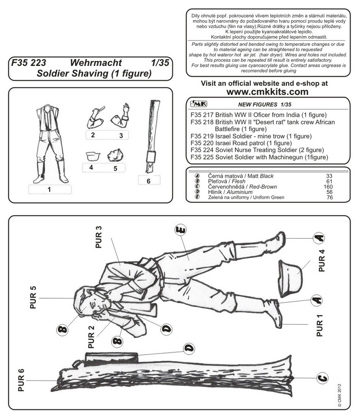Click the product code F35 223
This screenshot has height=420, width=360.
pos(29,63)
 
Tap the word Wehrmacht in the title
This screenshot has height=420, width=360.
pos(96,63)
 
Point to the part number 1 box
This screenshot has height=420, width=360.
pos(49,189)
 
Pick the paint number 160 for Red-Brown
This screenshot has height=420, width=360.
pos(329,186)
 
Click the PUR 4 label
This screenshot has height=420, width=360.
pos(321,261)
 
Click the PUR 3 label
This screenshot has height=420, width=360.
pos(99,237)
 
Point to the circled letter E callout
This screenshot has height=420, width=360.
pos(180,231)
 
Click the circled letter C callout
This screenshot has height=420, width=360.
pos(321,378)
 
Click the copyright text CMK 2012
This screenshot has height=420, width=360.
pos(339,396)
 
